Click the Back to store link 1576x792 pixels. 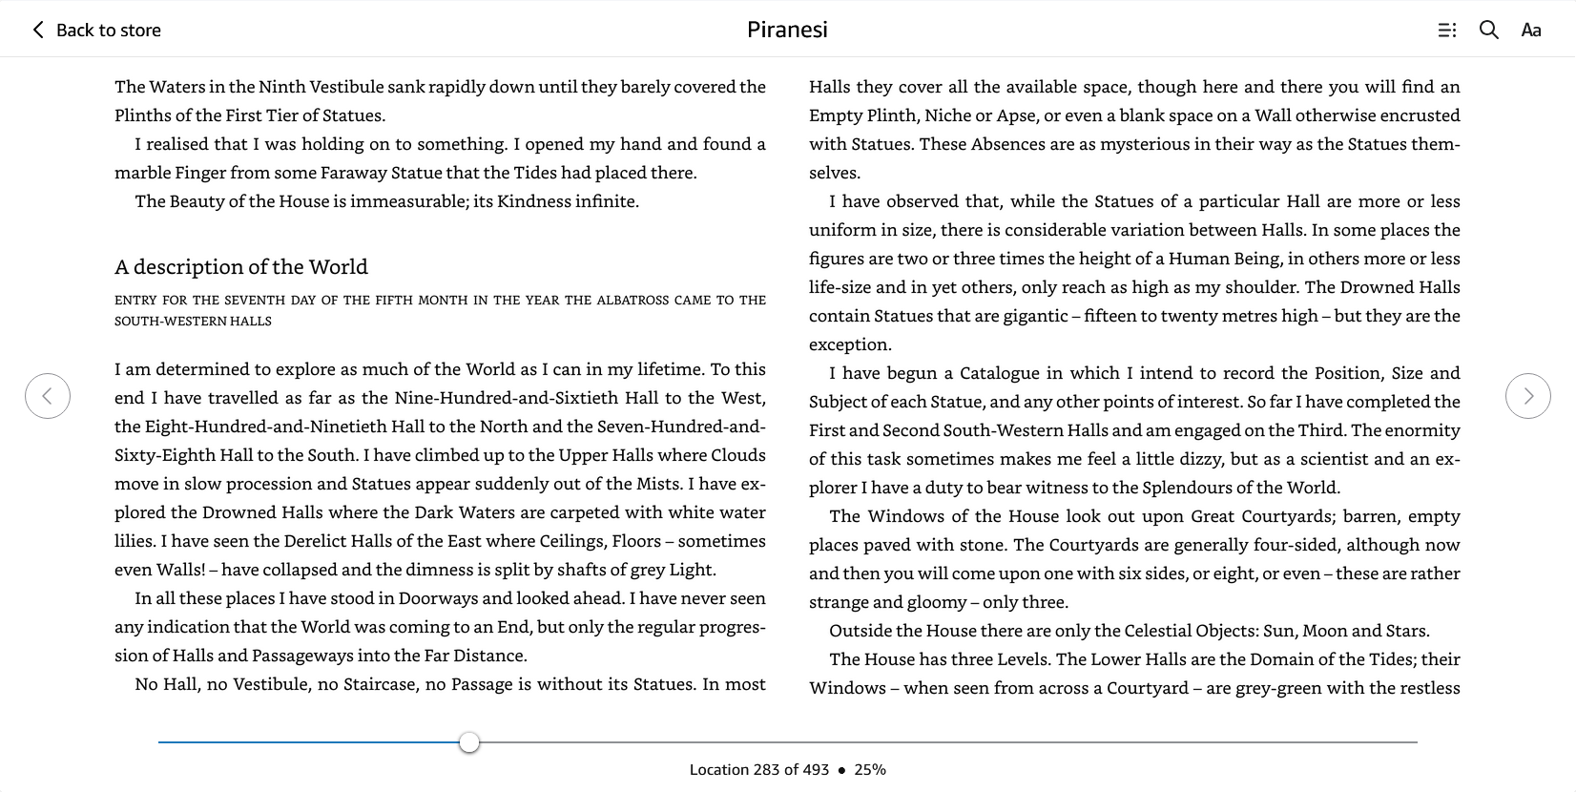point(97,30)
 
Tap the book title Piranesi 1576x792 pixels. point(787,30)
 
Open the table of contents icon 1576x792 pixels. point(1446,30)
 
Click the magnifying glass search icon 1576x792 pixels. point(1488,30)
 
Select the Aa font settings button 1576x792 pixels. point(1530,30)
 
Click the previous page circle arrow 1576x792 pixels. point(48,396)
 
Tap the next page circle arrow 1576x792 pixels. point(1527,396)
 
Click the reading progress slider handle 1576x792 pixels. point(468,742)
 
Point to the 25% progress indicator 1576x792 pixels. point(869,769)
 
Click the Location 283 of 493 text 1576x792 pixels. point(759,769)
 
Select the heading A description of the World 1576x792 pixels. point(241,267)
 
